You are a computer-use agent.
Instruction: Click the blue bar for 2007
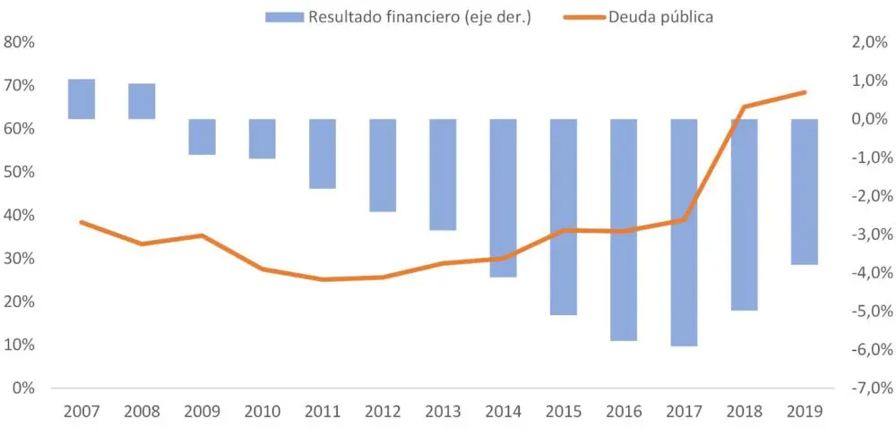click(x=82, y=99)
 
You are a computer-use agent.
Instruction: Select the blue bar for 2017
click(x=684, y=232)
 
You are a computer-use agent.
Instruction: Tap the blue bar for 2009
click(x=202, y=137)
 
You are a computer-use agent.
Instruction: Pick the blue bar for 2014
click(x=503, y=198)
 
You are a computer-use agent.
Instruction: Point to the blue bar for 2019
click(x=804, y=192)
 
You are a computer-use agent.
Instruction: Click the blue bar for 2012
click(x=383, y=166)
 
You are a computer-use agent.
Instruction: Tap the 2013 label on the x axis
click(x=443, y=412)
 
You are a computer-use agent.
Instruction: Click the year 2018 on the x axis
click(x=744, y=412)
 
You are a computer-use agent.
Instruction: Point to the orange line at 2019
click(x=804, y=92)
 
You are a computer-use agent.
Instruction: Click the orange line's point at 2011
click(x=323, y=279)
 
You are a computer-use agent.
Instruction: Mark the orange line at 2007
click(x=82, y=222)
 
